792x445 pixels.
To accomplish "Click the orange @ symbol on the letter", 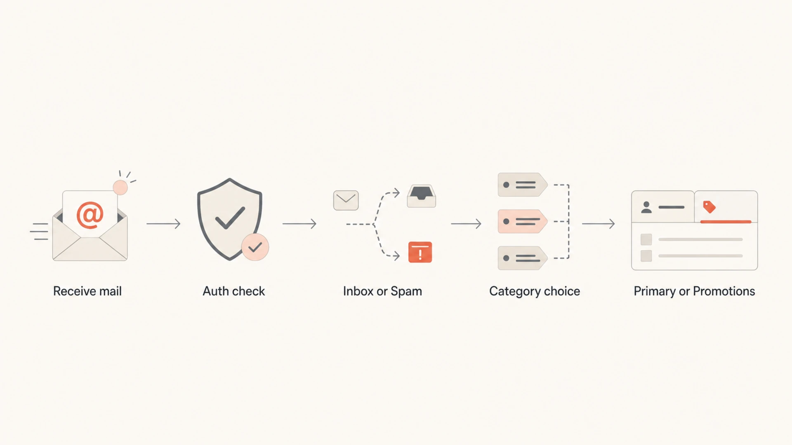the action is [x=90, y=215].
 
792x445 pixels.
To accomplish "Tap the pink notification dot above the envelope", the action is [x=120, y=187].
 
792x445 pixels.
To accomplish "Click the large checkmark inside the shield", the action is [x=230, y=218].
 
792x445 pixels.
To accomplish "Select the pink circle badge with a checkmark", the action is [x=255, y=247].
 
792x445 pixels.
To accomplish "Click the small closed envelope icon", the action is [x=346, y=200].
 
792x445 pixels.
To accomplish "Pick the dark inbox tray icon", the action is [x=422, y=196].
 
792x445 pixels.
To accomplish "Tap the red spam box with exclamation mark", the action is [x=420, y=252].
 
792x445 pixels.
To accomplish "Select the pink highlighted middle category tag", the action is [x=523, y=222].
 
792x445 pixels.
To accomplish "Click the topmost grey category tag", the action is [x=523, y=185].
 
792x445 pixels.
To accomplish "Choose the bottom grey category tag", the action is [x=523, y=258].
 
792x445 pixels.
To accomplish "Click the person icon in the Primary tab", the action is [x=646, y=207].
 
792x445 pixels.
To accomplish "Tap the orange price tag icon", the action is [x=709, y=207].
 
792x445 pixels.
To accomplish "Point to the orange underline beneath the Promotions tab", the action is [x=726, y=222].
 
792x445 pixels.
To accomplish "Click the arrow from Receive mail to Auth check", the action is [x=163, y=224].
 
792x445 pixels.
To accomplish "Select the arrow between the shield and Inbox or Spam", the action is [x=299, y=224].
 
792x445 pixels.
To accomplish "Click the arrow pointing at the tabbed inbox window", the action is [x=599, y=224].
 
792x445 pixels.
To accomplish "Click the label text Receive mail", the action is [x=87, y=291].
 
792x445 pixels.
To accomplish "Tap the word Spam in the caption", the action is [x=406, y=291].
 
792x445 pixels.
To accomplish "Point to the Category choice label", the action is [x=535, y=291].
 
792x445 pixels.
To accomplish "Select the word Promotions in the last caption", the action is [x=724, y=291].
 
